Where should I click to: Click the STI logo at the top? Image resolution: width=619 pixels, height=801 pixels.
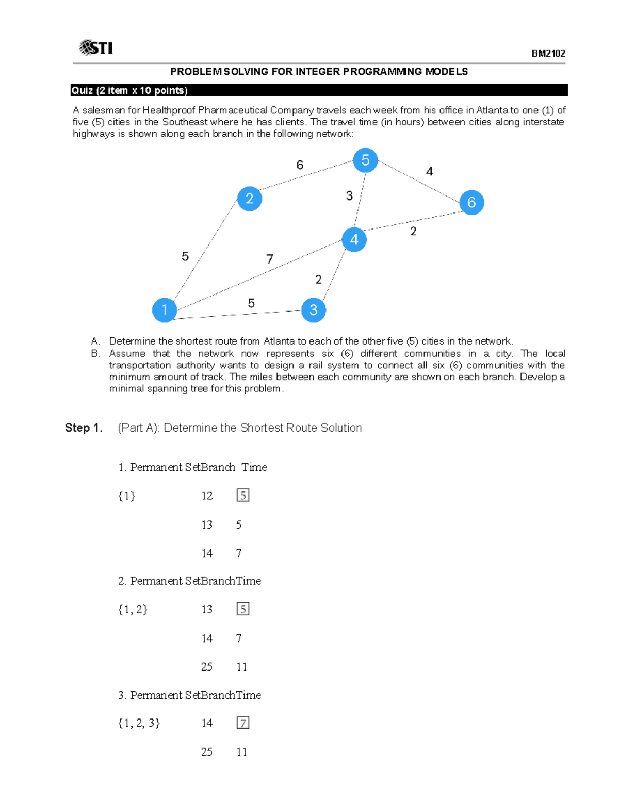(96, 48)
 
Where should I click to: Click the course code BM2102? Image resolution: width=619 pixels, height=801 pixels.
(548, 54)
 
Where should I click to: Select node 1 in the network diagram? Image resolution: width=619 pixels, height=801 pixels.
(165, 310)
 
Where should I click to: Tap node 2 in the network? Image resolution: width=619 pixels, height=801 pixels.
(250, 199)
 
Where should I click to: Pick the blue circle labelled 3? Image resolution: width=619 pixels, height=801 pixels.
(314, 310)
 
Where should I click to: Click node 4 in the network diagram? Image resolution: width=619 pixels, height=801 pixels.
(354, 239)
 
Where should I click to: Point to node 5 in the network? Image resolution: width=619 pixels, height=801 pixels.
(366, 160)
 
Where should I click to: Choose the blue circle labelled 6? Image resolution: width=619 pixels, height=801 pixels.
(471, 202)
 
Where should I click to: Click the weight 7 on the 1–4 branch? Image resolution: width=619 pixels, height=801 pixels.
(270, 259)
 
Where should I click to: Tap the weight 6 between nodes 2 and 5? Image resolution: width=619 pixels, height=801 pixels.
(300, 165)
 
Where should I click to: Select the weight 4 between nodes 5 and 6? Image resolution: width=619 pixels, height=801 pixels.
(429, 171)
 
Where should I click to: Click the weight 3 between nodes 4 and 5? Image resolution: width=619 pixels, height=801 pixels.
(349, 196)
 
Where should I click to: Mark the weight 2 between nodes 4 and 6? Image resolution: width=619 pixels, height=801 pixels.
(413, 232)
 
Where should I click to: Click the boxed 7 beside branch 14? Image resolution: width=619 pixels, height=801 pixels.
(243, 723)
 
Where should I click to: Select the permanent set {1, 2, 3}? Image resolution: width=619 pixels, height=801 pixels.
(139, 723)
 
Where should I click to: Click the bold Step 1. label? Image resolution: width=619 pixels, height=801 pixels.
(84, 428)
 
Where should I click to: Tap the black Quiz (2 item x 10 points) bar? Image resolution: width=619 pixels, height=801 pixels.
(319, 90)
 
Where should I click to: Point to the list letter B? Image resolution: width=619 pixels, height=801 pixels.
(95, 354)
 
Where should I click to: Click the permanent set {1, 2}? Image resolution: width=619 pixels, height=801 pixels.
(133, 609)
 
